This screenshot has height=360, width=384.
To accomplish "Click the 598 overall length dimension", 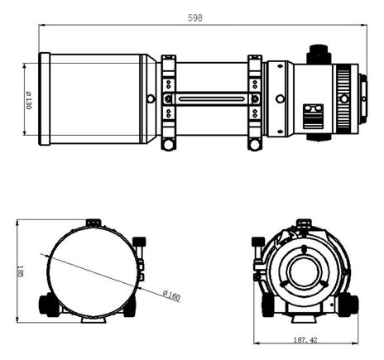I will click(194, 17).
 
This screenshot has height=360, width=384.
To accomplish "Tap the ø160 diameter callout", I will click(172, 295).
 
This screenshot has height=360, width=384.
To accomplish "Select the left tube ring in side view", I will click(169, 99).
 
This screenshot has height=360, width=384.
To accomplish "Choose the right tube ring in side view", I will click(255, 99).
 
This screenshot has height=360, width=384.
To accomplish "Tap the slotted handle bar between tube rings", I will click(212, 98).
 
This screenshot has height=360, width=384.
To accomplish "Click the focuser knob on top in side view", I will click(317, 54).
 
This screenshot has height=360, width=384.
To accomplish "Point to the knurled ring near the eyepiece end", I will click(344, 98).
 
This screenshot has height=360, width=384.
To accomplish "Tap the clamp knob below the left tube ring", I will click(169, 144).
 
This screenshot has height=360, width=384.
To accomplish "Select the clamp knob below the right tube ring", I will click(255, 144).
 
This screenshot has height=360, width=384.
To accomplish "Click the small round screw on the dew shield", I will click(150, 98).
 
